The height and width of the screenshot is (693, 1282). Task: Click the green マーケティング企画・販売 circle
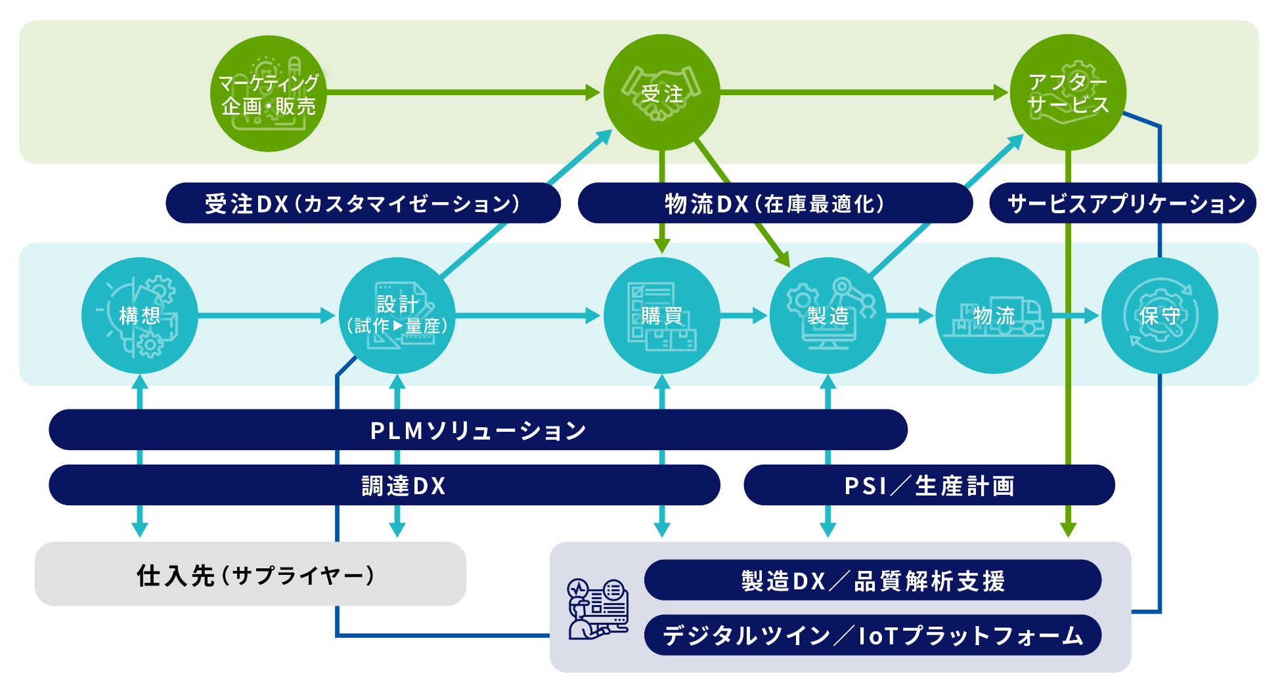point(268,93)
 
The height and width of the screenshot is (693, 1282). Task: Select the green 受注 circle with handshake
point(661,93)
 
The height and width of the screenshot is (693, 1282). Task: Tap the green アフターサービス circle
point(1068,93)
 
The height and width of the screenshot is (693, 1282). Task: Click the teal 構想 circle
point(139,316)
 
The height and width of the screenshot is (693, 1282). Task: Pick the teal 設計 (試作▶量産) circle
point(397,316)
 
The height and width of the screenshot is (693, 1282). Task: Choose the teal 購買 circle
point(661,316)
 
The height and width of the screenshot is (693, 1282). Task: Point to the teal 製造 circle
point(828,316)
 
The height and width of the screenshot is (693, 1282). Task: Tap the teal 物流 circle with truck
point(993,316)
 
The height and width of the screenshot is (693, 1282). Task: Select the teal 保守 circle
point(1159,316)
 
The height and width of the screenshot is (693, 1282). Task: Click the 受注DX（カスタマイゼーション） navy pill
point(363,203)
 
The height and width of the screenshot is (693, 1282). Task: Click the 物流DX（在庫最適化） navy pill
point(775,203)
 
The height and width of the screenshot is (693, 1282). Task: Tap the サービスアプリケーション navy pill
point(1123,203)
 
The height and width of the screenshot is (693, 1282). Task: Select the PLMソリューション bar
point(478,430)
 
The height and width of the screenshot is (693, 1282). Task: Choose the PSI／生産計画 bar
point(929,486)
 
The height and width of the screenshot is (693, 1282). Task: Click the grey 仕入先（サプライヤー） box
point(250,574)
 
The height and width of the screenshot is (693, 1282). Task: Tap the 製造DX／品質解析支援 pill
point(872,580)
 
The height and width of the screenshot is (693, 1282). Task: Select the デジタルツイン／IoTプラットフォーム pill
point(872,635)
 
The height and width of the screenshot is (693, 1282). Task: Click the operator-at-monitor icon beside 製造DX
point(597,609)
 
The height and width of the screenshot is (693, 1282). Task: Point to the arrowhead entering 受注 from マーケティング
point(593,93)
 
